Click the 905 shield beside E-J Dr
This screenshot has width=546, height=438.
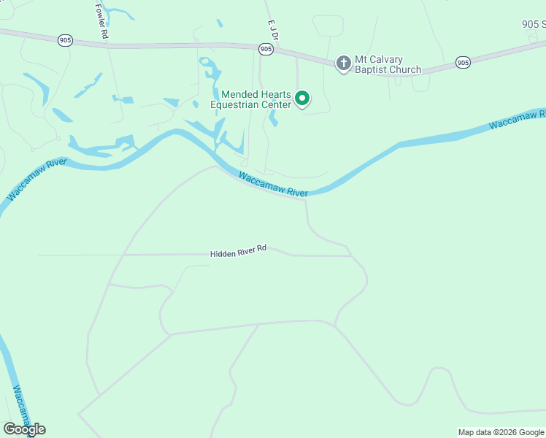(x=266, y=49)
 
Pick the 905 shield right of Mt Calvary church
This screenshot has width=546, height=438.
(x=463, y=63)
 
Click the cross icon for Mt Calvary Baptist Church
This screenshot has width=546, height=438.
(x=343, y=64)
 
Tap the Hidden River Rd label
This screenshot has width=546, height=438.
(x=239, y=251)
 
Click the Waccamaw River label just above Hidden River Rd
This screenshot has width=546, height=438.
(x=273, y=185)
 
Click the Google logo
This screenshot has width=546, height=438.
(x=24, y=429)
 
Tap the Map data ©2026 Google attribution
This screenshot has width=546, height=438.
(x=501, y=432)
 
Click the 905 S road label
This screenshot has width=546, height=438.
(x=534, y=24)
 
